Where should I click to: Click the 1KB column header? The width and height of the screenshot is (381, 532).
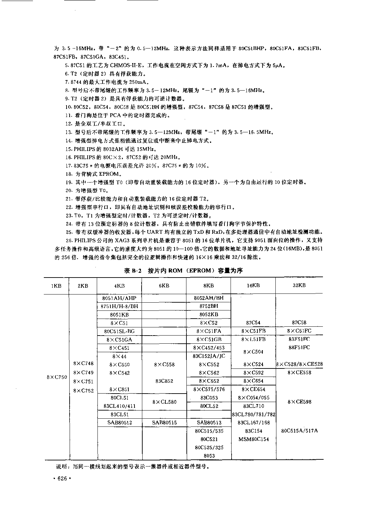pos(56,286)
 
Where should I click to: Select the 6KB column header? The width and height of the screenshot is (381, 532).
pos(164,286)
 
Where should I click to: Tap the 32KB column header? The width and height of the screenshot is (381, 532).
pos(299,285)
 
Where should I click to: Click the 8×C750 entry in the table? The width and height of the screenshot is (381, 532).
pos(57,377)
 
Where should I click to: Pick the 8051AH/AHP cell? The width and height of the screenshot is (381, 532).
pos(119,298)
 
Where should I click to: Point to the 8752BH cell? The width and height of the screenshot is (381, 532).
pos(209,306)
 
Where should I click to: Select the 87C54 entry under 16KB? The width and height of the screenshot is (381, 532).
pos(253,323)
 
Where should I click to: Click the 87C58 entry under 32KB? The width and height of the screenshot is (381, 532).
pos(299,323)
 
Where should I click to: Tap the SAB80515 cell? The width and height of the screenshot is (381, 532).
pos(164,422)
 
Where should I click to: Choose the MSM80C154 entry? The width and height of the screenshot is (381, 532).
pos(253,439)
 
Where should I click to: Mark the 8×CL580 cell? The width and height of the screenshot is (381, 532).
pos(164,402)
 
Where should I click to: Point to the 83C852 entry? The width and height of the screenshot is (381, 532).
pos(164,381)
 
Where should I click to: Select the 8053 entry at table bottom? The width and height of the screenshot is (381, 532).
pos(209,456)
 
